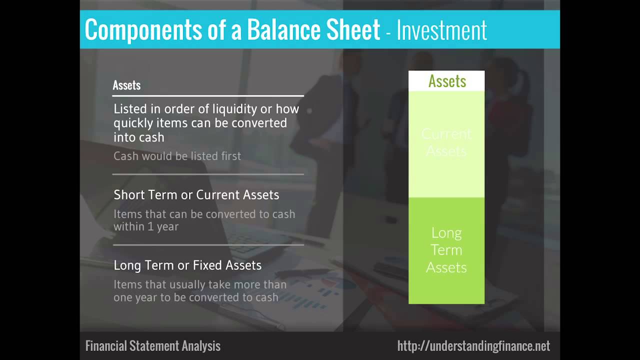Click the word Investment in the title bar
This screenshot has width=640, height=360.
[x=441, y=30]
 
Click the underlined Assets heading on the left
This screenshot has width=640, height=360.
[x=126, y=85]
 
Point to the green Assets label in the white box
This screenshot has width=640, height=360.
[x=447, y=81]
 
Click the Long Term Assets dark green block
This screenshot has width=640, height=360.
[x=446, y=250]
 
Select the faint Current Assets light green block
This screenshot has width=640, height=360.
[x=446, y=144]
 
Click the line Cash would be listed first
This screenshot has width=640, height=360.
[x=177, y=156]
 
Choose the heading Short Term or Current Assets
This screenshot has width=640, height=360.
[x=196, y=195]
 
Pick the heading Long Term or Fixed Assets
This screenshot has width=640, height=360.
[x=187, y=265]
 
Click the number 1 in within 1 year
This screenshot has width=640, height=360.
[x=150, y=226]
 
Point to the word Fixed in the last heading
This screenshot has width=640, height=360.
[x=207, y=265]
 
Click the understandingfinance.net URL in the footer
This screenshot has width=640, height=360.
[x=473, y=346]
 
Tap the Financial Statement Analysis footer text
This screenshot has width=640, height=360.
[x=153, y=345]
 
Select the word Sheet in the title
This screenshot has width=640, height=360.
[x=353, y=29]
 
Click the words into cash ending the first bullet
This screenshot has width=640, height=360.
[x=139, y=137]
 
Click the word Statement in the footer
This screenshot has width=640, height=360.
[x=154, y=345]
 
